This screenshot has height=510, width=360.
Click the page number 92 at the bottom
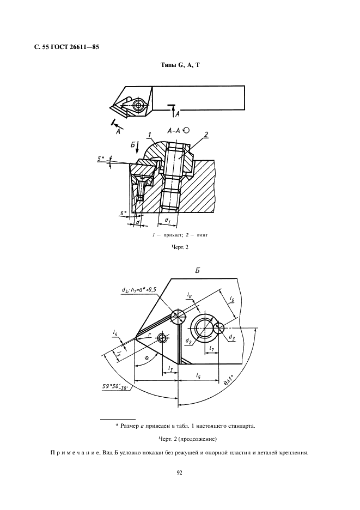pyautogui.click(x=180, y=472)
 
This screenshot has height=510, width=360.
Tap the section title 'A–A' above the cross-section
pyautogui.click(x=174, y=130)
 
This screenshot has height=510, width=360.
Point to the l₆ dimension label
pyautogui.click(x=233, y=300)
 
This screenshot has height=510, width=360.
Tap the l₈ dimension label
pyautogui.click(x=188, y=295)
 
